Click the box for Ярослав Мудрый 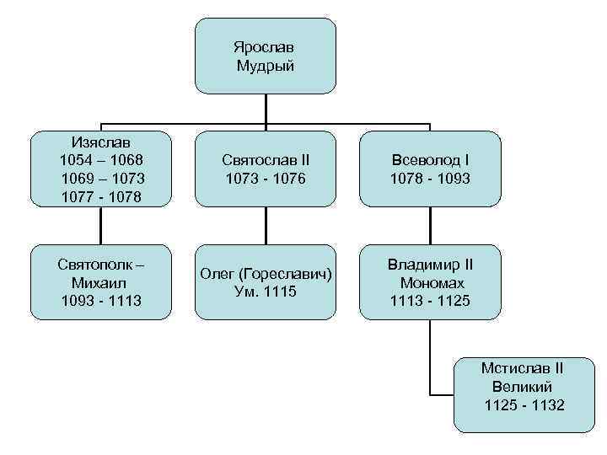266,56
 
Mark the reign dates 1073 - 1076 266,179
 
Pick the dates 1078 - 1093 430,179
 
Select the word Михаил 101,282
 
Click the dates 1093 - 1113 101,302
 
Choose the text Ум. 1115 266,292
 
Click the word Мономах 432,283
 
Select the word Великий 522,387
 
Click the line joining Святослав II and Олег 266,226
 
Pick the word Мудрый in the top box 266,66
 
